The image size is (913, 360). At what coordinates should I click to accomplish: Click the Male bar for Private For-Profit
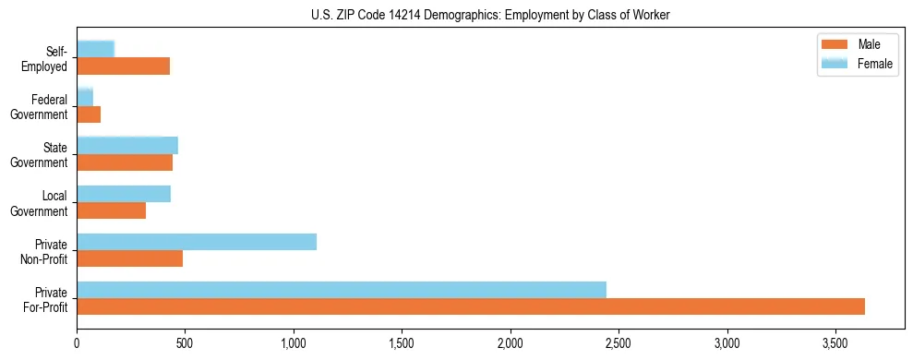coord(471,306)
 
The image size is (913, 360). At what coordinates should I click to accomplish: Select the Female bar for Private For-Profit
coord(342,290)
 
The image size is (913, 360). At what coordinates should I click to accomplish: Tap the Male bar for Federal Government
coord(89,114)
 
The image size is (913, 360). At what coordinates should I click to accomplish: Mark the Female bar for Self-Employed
coord(96,49)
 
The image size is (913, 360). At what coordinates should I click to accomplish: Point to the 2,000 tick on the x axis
coord(511,343)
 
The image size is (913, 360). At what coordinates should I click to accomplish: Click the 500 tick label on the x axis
coord(185,343)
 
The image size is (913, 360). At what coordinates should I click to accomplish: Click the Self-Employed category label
coord(47,58)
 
